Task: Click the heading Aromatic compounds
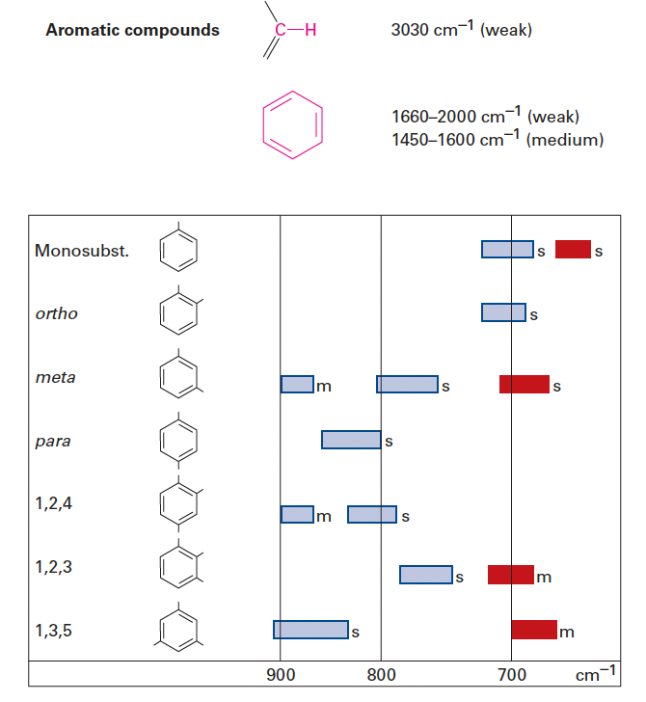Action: (133, 30)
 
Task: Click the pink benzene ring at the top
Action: (293, 125)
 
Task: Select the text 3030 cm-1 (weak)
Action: (462, 30)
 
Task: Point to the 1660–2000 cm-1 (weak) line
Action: (485, 117)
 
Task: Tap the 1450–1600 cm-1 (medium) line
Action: (497, 140)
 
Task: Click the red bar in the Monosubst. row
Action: (573, 249)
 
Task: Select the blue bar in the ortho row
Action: (503, 312)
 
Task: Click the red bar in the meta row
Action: (525, 385)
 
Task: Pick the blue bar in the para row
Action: (351, 440)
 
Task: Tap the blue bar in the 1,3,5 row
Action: (310, 630)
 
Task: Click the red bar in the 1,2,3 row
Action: (511, 575)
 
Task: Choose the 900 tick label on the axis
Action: (281, 675)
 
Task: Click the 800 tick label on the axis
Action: (381, 675)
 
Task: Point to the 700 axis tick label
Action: (511, 675)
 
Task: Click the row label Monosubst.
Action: (82, 251)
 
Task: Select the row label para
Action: (53, 442)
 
